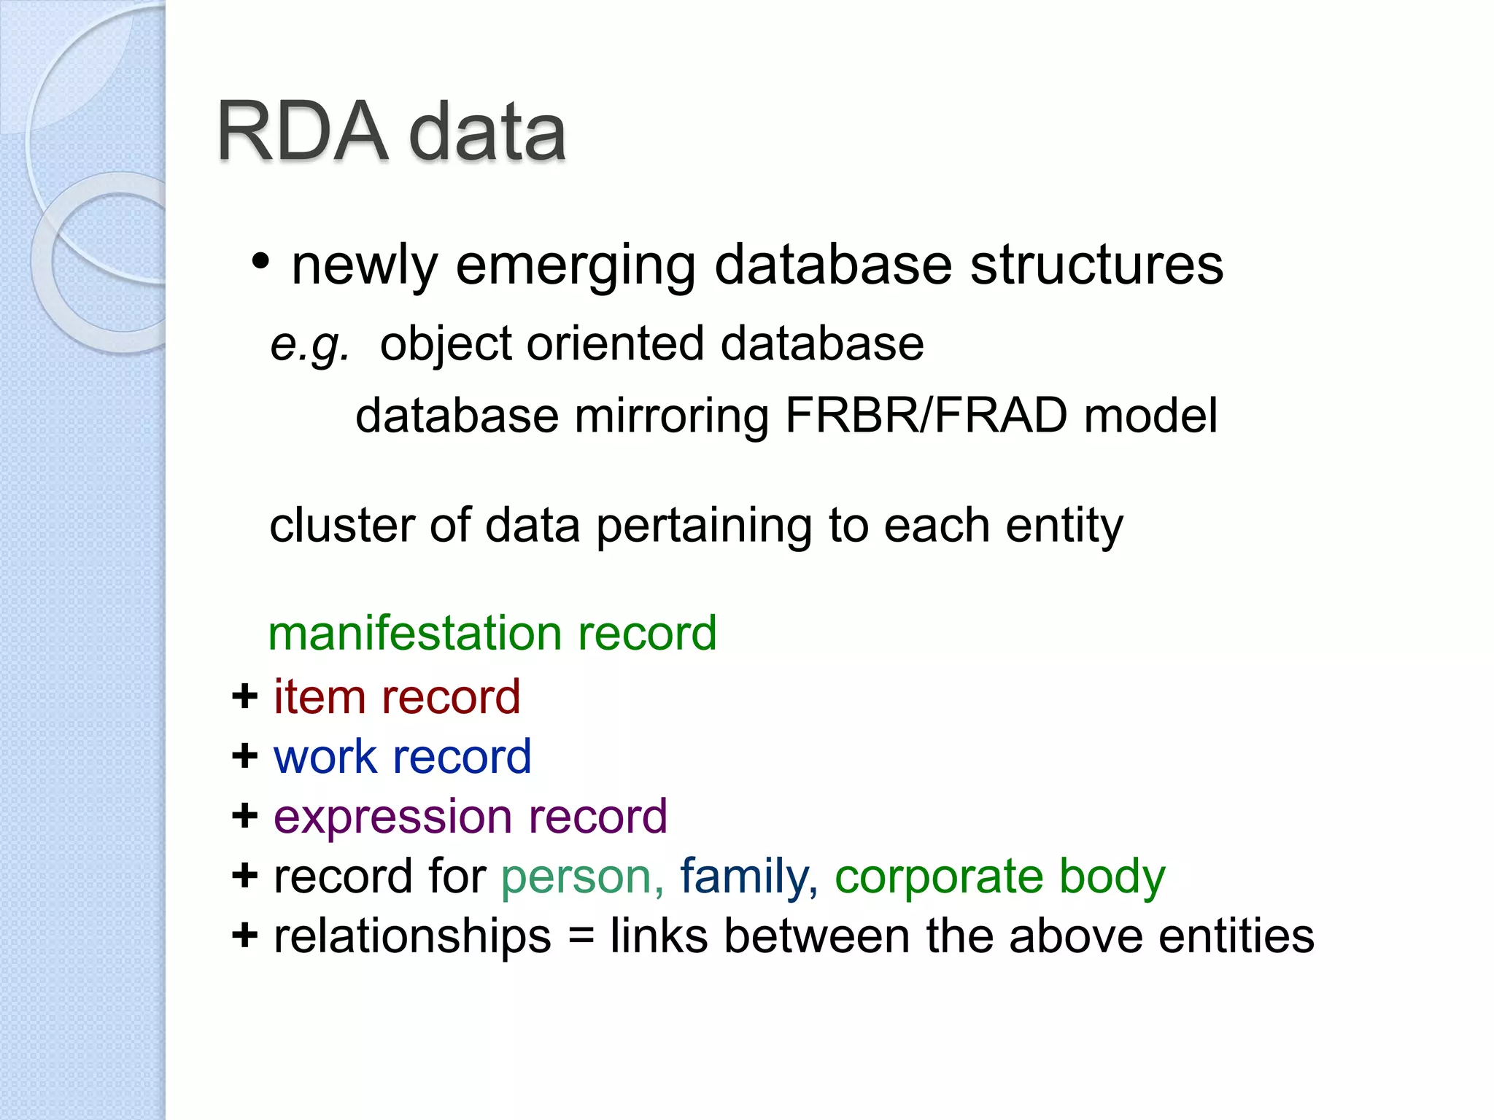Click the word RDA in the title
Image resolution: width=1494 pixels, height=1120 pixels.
pos(301,132)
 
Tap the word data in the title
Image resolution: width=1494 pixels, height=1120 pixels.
pos(487,132)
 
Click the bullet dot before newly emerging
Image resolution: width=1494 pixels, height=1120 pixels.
pos(260,261)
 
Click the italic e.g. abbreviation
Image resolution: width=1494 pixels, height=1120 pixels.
pos(309,345)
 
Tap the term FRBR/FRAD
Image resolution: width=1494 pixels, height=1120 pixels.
pos(926,416)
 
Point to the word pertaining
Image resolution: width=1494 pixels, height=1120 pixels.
pos(703,526)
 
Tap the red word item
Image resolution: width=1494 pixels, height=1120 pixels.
pos(319,696)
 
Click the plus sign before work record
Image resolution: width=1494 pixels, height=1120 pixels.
pos(245,756)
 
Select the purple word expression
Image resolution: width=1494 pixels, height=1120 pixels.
pos(392,817)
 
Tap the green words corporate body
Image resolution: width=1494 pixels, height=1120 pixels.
pos(999,876)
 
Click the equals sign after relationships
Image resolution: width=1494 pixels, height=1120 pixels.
pos(580,937)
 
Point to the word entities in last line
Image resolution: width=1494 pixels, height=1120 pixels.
pos(1236,936)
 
